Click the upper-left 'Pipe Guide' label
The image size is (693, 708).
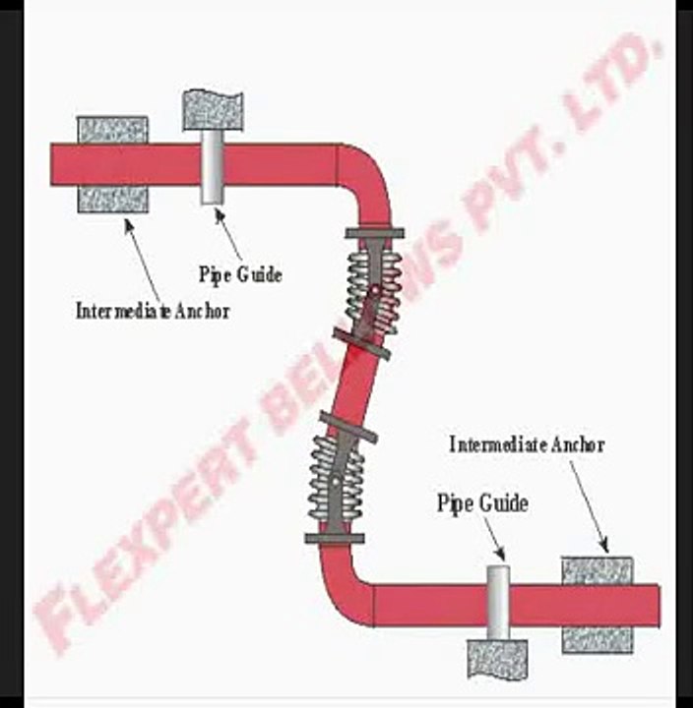pyautogui.click(x=240, y=274)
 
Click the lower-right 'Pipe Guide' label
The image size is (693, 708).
pyautogui.click(x=482, y=503)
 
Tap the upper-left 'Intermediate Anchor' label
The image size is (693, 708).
pyautogui.click(x=153, y=311)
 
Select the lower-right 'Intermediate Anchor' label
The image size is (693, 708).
pyautogui.click(x=527, y=444)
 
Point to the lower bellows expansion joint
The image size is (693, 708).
pyautogui.click(x=336, y=480)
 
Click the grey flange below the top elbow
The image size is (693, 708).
pyautogui.click(x=375, y=233)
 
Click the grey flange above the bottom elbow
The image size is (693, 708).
pyautogui.click(x=335, y=538)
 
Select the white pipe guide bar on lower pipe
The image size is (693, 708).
pyautogui.click(x=498, y=603)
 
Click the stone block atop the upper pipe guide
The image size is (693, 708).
pyautogui.click(x=213, y=110)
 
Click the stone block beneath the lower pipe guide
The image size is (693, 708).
pyautogui.click(x=497, y=659)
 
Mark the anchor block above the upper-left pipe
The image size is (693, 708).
pyautogui.click(x=112, y=130)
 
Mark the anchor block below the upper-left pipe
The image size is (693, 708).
pyautogui.click(x=112, y=199)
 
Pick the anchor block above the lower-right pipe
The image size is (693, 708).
pyautogui.click(x=598, y=570)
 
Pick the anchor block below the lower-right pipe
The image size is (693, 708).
pyautogui.click(x=598, y=640)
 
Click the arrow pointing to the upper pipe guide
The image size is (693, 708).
pyautogui.click(x=228, y=235)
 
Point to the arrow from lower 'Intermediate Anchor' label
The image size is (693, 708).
pyautogui.click(x=589, y=506)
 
